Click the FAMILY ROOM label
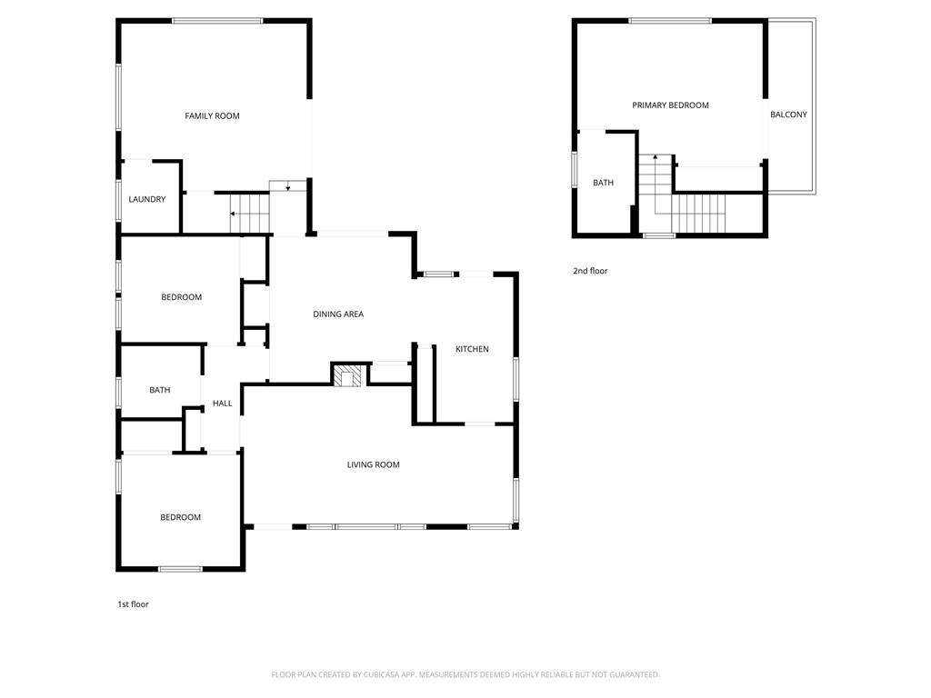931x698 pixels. (212, 115)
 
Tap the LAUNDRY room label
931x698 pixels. (147, 199)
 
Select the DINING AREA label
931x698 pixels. (338, 314)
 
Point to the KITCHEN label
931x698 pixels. (472, 349)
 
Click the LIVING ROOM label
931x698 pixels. (373, 464)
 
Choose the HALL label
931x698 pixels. (222, 403)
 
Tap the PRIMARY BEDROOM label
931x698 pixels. (670, 105)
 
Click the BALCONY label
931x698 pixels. (788, 115)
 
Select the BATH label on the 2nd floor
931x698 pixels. (603, 183)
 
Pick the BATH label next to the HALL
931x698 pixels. (160, 390)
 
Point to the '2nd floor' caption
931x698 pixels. (590, 271)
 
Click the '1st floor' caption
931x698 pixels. (133, 603)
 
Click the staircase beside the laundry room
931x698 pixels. (249, 214)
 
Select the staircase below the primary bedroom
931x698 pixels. (699, 214)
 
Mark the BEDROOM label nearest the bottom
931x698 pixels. (180, 517)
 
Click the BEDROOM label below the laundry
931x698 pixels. (181, 297)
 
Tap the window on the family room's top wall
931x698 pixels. (217, 21)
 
